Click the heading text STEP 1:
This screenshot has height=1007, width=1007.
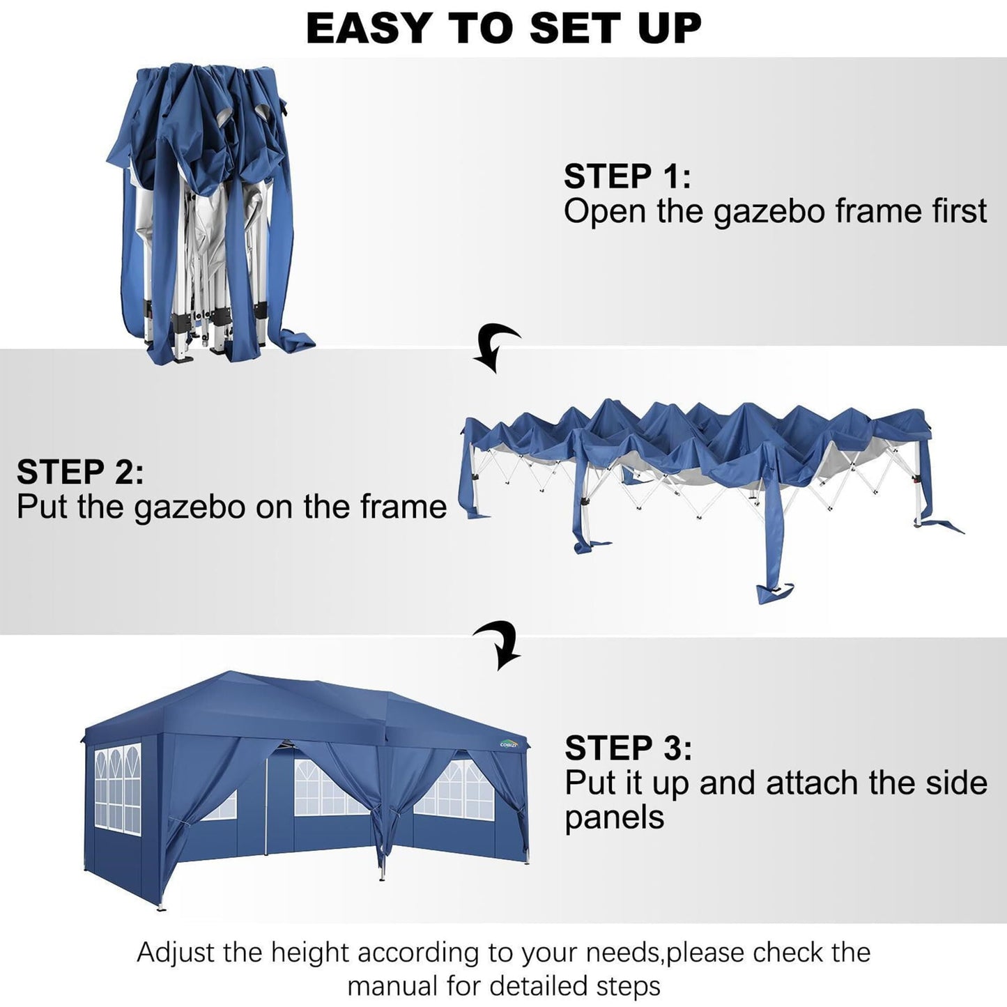pos(627,176)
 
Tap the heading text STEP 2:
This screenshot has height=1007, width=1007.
pos(80,472)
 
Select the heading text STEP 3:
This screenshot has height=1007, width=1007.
pos(628,748)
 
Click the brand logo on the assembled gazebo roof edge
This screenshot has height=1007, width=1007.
pos(509,744)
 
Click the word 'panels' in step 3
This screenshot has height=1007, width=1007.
pos(614,817)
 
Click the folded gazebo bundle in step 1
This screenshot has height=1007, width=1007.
pos(209,209)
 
